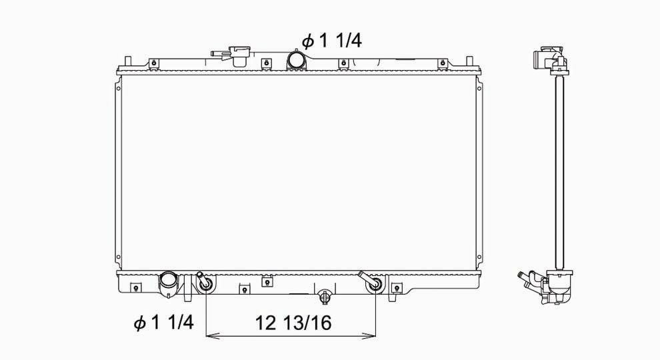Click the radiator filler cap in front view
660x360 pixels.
tap(239, 56)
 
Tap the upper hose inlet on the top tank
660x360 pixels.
tap(295, 59)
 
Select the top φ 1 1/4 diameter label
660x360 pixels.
tap(332, 41)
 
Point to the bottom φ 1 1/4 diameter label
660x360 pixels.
tap(164, 323)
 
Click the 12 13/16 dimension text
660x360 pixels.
tap(293, 323)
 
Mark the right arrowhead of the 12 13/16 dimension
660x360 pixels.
tap(369, 336)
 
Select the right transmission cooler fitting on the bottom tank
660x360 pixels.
tap(371, 282)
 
